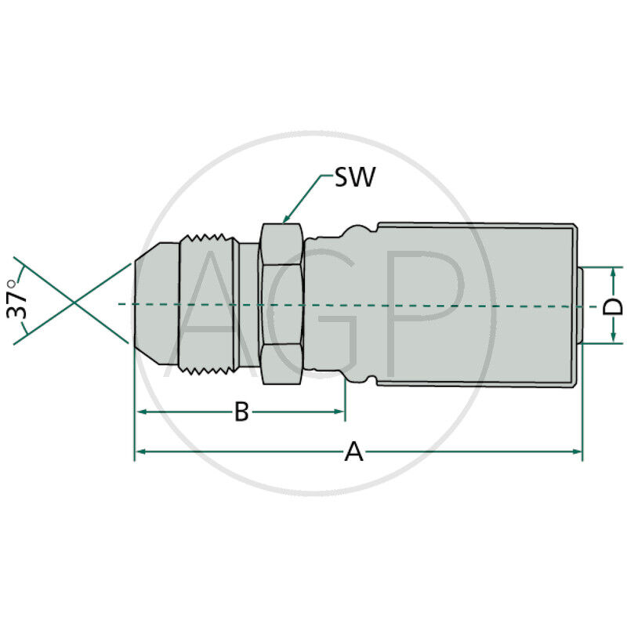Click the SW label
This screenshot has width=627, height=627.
click(355, 177)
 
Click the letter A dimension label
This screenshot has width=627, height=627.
click(354, 452)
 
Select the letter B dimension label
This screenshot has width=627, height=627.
click(241, 411)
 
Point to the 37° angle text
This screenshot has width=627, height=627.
click(17, 300)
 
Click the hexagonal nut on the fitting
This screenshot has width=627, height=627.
click(281, 303)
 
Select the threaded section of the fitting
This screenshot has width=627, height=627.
click(208, 303)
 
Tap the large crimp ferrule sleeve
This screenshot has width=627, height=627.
click(478, 303)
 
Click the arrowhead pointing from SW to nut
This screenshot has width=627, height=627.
click(286, 220)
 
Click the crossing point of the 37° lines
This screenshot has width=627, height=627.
click(74, 303)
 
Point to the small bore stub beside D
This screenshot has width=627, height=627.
click(582, 304)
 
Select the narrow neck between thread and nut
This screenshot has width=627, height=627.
click(248, 303)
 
